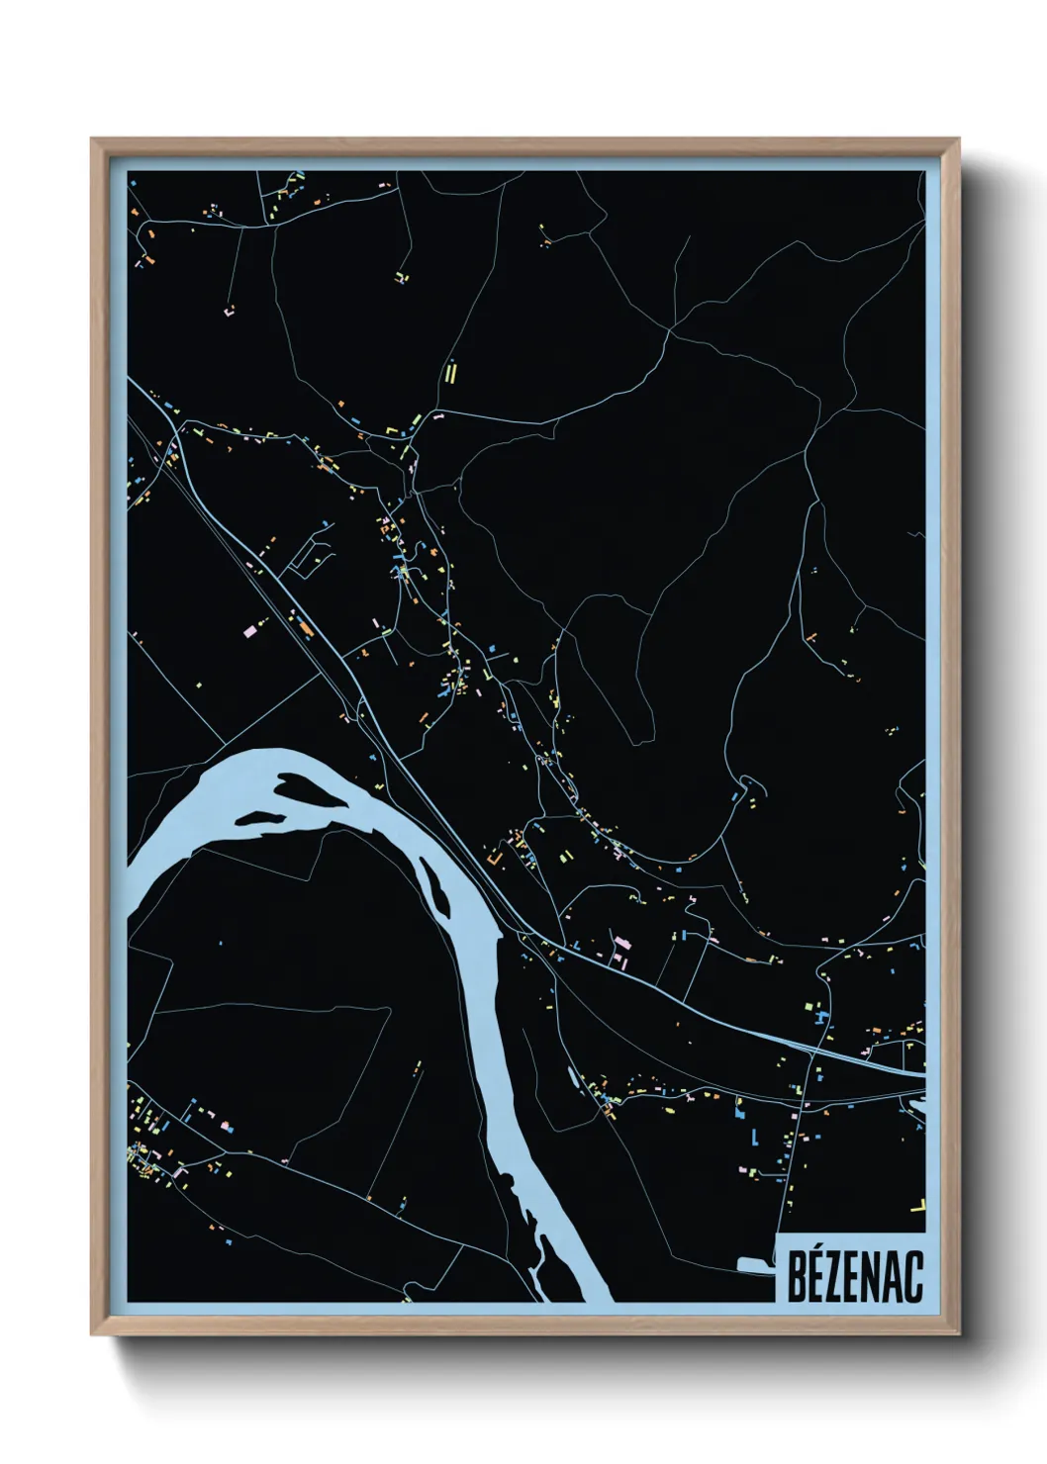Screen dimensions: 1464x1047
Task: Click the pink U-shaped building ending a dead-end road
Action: pyautogui.click(x=230, y=311)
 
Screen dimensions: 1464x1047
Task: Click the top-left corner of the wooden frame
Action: pyautogui.click(x=92, y=139)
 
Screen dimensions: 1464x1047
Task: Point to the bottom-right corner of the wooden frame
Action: pyautogui.click(x=958, y=1334)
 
